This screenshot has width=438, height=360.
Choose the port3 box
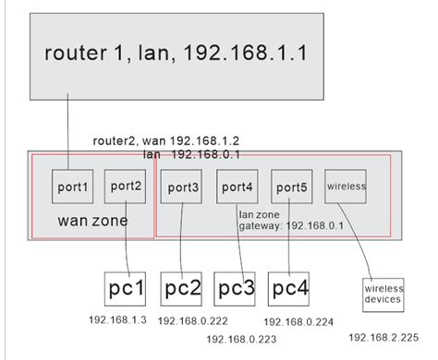179,186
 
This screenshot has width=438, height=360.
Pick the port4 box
235,186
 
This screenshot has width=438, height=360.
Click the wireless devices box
383,294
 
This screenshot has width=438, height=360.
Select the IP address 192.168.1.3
118,319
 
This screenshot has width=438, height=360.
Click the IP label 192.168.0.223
242,340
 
